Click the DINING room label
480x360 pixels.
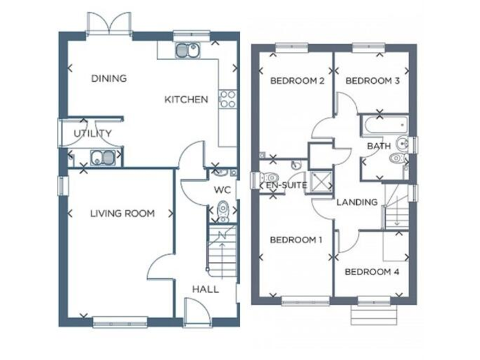[109, 79]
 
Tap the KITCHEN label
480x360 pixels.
[186, 99]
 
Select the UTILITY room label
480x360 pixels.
[92, 133]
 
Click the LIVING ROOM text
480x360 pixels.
[122, 214]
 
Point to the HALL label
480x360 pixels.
[205, 289]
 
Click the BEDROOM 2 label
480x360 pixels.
[296, 81]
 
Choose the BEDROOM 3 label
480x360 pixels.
[372, 81]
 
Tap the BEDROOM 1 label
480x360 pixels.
[296, 240]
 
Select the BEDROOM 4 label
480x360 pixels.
[372, 272]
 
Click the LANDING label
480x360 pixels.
[357, 202]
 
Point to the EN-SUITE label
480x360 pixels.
[286, 186]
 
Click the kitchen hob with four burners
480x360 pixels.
[227, 99]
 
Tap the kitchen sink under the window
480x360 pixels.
[186, 50]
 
